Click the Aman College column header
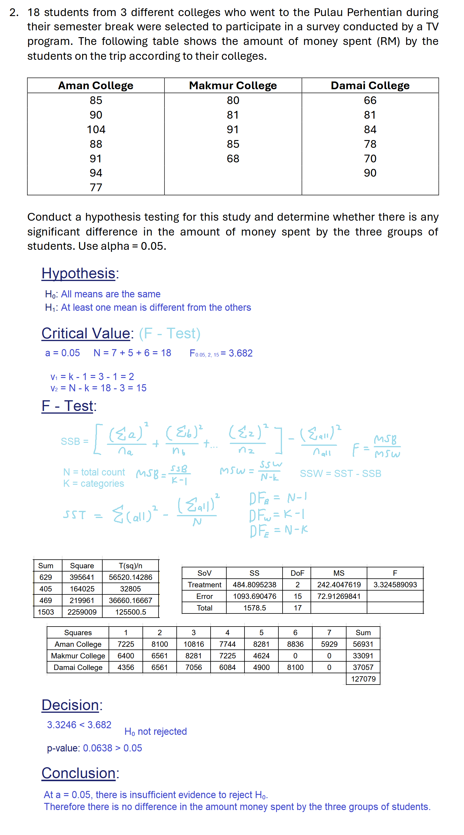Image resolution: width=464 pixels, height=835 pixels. (96, 86)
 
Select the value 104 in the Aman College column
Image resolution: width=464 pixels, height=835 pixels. (96, 130)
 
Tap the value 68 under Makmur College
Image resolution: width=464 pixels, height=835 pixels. (233, 158)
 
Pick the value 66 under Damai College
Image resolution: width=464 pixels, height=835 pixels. (370, 101)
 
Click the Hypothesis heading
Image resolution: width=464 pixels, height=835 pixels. (79, 273)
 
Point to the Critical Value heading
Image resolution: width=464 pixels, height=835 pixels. (86, 333)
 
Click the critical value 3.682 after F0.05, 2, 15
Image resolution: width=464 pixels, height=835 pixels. (240, 353)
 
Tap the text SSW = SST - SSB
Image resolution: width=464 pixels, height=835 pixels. (340, 474)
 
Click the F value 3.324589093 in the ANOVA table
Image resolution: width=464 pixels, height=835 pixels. (395, 585)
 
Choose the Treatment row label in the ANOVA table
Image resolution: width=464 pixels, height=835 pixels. (204, 585)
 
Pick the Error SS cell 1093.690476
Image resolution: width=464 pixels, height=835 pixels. (255, 597)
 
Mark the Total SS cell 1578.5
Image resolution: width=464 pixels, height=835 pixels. (255, 608)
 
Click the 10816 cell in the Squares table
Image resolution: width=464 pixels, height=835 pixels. (194, 644)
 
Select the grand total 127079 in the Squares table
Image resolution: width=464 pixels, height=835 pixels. (363, 679)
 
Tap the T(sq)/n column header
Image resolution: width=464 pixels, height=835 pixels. (130, 566)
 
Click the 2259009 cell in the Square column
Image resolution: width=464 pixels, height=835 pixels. (82, 612)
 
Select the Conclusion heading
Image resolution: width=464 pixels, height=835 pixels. (79, 773)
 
